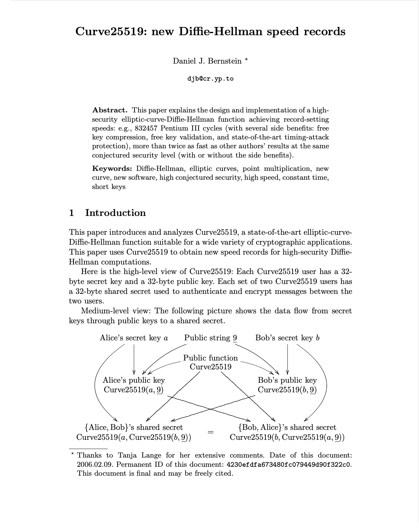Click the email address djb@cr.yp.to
coord(210,79)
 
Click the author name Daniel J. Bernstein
coord(207,61)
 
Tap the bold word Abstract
coord(110,110)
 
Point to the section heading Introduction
coord(115,213)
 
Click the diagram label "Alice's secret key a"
coord(134,338)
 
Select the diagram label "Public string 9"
coord(211,338)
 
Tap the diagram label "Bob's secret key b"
coord(287,338)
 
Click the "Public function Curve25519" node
coord(211,362)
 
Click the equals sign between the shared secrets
coord(211,432)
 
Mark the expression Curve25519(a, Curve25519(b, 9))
coord(134,437)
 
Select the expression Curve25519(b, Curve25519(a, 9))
coord(287,437)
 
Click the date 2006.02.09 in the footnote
coord(94,465)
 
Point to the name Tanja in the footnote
coord(129,455)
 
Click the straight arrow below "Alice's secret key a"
coord(134,359)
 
